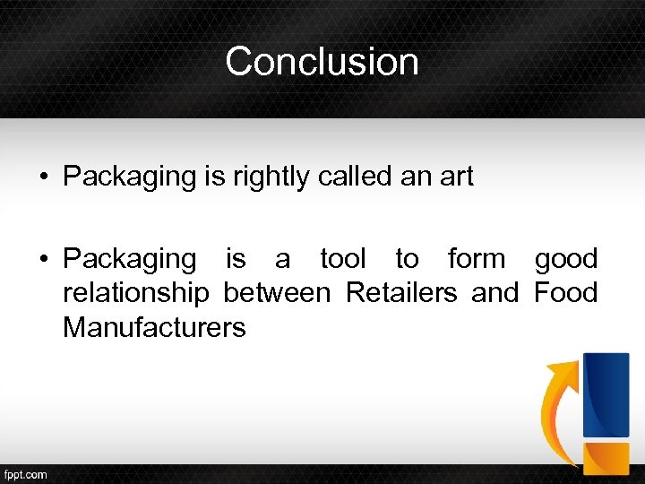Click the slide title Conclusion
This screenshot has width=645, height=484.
click(322, 62)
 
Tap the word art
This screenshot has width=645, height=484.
click(455, 177)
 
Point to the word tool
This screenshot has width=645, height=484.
click(343, 259)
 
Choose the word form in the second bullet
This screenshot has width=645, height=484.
click(477, 259)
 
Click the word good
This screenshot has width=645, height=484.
click(565, 259)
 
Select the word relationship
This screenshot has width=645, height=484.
click(136, 293)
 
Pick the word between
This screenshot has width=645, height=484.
click(277, 293)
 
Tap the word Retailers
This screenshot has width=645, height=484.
click(401, 293)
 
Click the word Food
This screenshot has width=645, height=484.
click(565, 293)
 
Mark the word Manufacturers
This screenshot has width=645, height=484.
click(154, 327)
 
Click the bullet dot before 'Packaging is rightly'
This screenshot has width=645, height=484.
click(43, 177)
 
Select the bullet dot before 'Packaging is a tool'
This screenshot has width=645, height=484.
click(43, 260)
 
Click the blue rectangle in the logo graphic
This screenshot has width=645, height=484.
click(606, 394)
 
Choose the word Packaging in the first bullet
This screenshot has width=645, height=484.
click(129, 177)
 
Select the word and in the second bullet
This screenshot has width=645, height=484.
click(494, 293)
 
